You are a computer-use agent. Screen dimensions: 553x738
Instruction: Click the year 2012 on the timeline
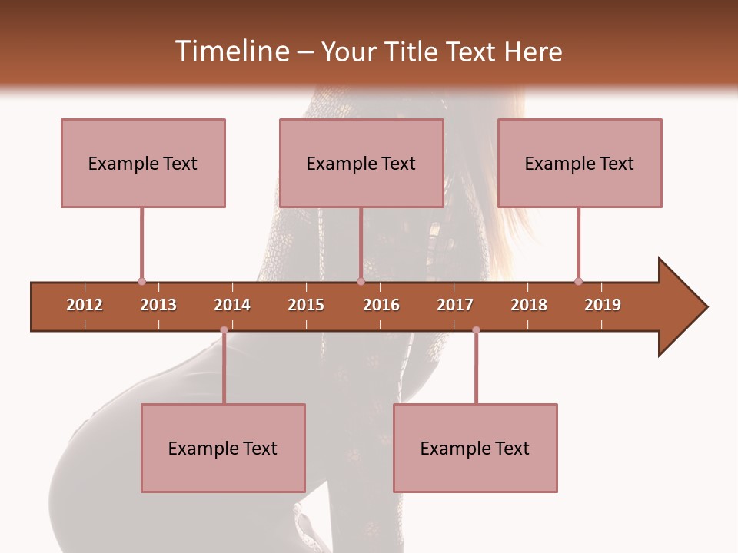pos(85,305)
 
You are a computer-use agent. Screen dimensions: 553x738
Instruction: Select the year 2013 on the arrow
pos(158,305)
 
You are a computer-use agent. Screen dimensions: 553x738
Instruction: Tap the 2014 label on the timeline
pos(232,305)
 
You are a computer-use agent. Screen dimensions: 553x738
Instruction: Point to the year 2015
pos(306,305)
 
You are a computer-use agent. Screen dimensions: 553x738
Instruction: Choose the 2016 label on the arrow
pos(381,305)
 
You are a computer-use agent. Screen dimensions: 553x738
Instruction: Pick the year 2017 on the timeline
pos(455,305)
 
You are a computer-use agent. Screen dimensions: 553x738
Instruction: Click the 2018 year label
pos(529,305)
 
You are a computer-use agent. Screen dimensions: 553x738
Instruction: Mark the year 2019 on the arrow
pos(603,305)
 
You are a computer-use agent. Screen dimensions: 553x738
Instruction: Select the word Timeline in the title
pos(231,51)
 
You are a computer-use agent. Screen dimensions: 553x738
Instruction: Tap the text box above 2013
pos(143,163)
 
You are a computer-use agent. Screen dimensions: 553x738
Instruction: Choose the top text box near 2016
pos(361,163)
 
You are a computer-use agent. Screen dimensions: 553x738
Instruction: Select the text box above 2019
pos(580,163)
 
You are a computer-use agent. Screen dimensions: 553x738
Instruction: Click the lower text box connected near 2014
pos(223,448)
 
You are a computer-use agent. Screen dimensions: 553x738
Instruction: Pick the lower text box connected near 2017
pos(475,448)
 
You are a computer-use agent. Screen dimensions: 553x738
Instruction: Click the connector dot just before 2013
pos(141,281)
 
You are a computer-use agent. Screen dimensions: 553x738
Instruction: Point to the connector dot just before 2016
pos(361,281)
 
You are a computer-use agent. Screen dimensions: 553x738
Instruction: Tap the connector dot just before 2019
pos(578,281)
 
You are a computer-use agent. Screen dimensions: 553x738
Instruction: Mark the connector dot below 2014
pos(224,330)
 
